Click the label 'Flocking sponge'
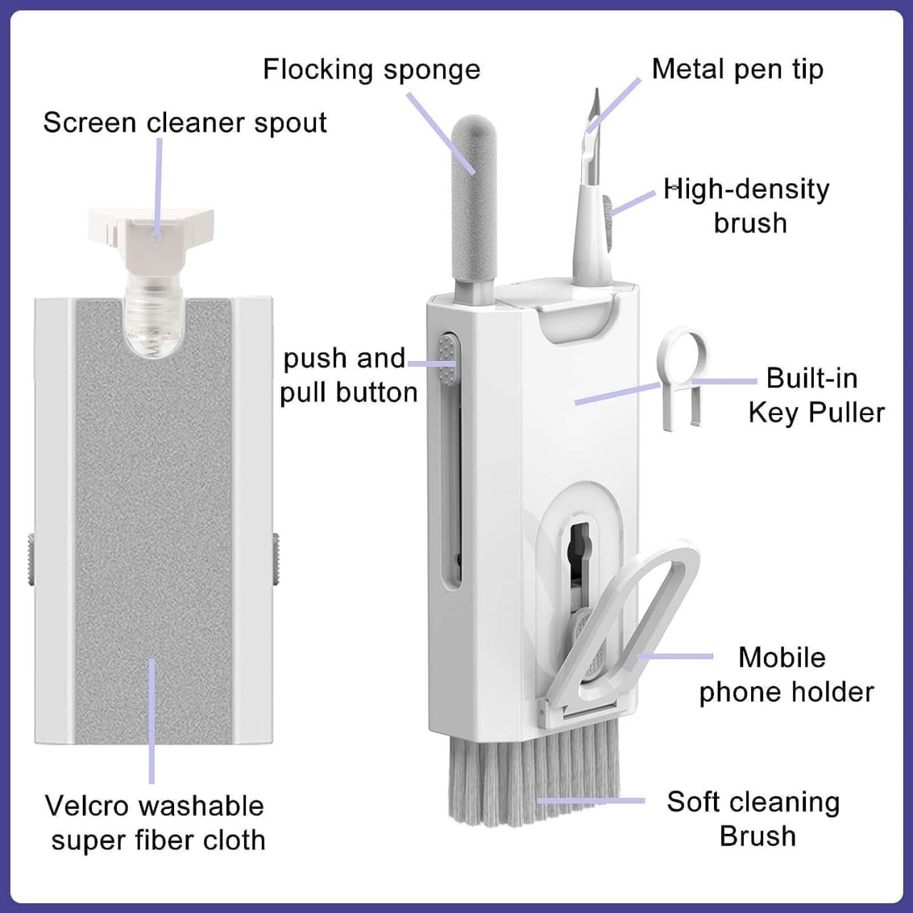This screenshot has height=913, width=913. tap(371, 70)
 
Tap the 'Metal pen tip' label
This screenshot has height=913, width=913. tap(737, 69)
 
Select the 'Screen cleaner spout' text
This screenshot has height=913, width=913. tap(185, 123)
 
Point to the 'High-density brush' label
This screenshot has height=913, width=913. tap(748, 205)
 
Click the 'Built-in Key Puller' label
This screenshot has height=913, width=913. tap(815, 395)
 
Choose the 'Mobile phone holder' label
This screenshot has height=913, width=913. tap(785, 674)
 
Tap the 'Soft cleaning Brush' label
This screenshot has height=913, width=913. tap(754, 818)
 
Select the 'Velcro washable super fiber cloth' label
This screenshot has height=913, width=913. tap(155, 822)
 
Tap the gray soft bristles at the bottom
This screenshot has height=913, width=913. tap(531, 781)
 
